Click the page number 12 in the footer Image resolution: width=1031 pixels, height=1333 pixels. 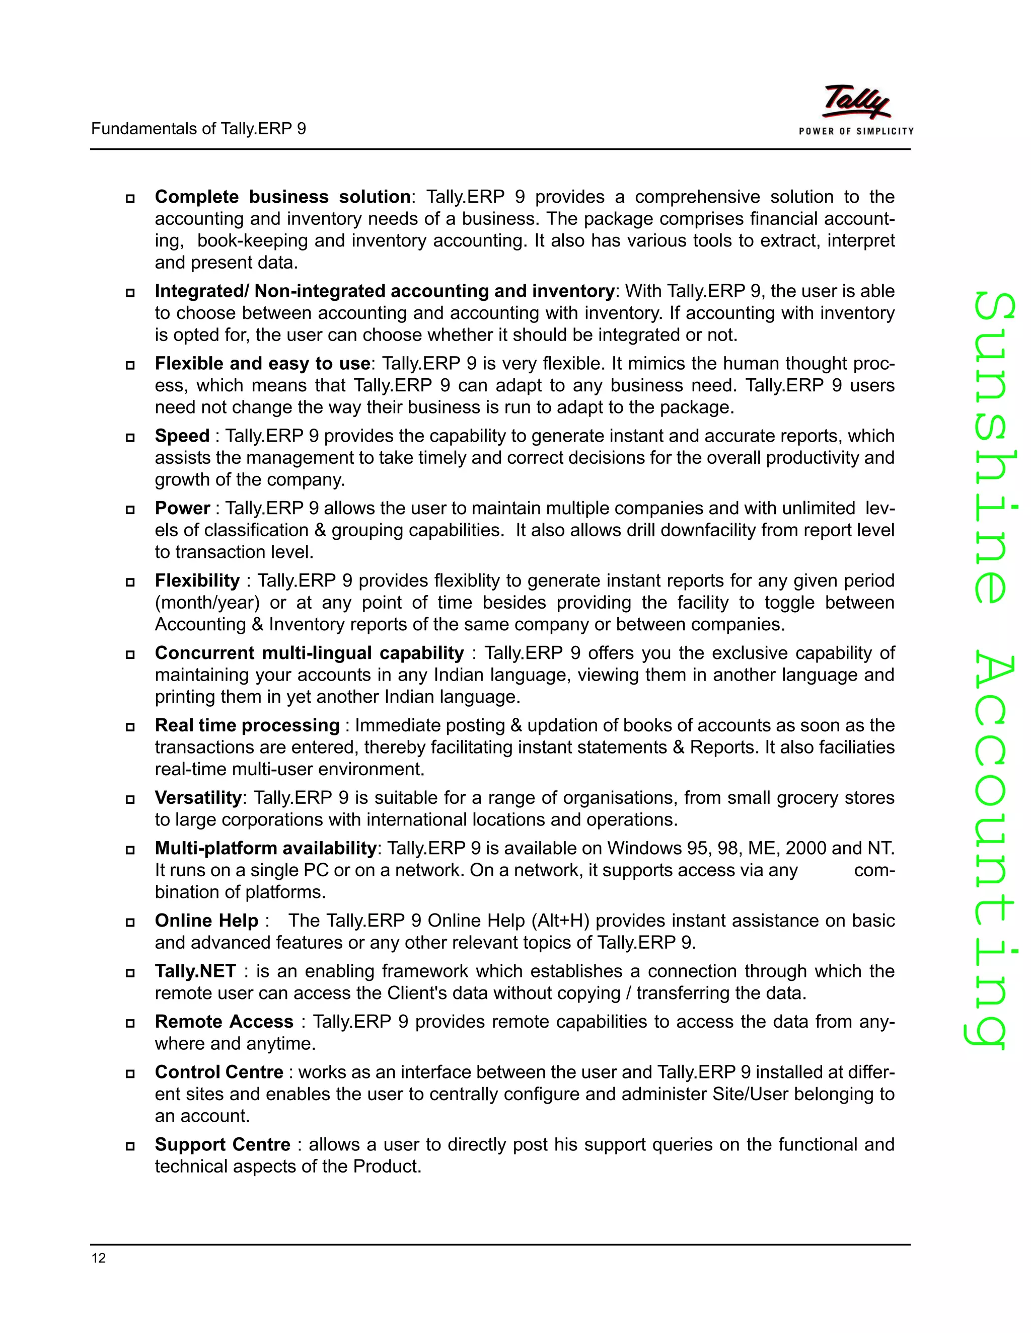[x=98, y=1258]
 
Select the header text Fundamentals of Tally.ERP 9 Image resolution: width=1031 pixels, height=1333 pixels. [x=198, y=129]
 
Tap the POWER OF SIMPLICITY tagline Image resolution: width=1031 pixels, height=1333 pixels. [x=856, y=131]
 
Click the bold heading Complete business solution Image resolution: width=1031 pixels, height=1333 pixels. [x=282, y=197]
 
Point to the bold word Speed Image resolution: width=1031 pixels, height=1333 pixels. [x=181, y=437]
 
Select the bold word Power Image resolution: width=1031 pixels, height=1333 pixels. [x=182, y=509]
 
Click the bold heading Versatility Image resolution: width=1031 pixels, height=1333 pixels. [x=198, y=798]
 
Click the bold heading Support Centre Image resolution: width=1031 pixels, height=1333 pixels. [x=223, y=1144]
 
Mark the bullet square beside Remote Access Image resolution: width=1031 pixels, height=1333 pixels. [x=130, y=1023]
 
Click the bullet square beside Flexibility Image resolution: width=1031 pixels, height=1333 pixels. [x=130, y=581]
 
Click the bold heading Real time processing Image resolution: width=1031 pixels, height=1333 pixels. [x=247, y=726]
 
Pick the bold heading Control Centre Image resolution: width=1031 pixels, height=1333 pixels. [x=218, y=1072]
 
